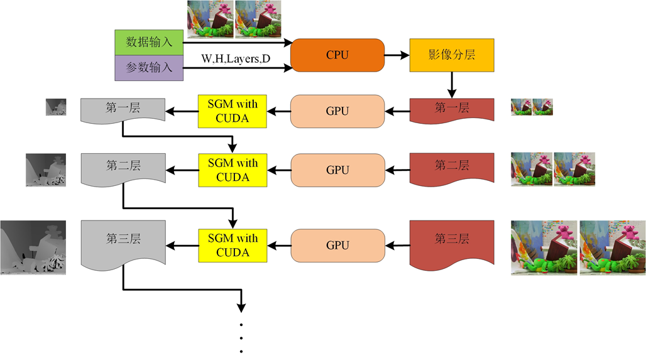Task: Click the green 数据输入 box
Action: [x=149, y=42]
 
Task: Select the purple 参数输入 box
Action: [x=149, y=68]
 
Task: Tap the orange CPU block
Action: [x=337, y=55]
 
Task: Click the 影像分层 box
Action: [x=452, y=55]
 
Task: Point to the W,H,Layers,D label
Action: [x=236, y=59]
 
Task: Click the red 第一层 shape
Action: [x=452, y=109]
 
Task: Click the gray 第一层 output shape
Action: [x=123, y=109]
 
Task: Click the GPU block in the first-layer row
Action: [x=337, y=111]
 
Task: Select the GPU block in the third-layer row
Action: [x=337, y=245]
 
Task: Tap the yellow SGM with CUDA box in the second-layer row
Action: [x=233, y=170]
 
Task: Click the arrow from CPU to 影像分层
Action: [x=397, y=55]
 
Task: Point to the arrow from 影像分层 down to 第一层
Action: [x=452, y=83]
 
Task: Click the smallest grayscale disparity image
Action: [x=56, y=107]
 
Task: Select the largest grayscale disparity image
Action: [x=33, y=247]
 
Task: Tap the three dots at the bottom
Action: [x=241, y=339]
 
